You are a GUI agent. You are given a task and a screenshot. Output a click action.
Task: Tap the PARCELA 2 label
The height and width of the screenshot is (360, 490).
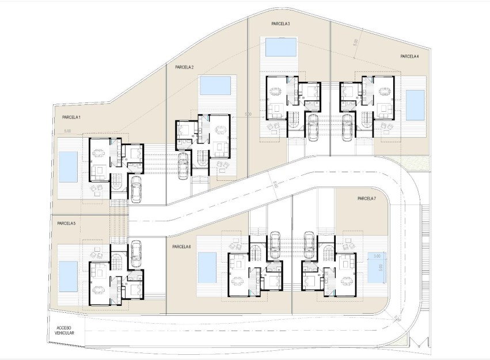pos(184,67)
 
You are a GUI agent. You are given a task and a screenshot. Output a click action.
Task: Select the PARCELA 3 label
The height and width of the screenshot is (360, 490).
pos(280,24)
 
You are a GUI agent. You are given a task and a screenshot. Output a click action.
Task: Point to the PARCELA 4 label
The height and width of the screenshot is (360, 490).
pos(409,56)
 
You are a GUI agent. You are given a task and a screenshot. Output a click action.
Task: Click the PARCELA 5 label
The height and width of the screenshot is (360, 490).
pos(67,223)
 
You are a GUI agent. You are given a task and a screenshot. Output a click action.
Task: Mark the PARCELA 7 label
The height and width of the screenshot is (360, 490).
pos(366,199)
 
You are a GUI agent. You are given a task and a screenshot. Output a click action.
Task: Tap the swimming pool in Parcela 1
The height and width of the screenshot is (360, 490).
pos(68,166)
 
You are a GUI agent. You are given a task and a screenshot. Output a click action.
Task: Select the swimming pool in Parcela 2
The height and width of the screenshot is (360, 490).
pos(215,86)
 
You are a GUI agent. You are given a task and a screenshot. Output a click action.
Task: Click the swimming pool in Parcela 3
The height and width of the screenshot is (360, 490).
pos(280,47)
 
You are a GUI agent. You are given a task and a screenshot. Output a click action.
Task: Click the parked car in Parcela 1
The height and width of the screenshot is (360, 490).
pos(136,188)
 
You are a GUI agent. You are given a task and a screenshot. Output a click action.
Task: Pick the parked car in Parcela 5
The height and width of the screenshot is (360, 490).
pos(136,252)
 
